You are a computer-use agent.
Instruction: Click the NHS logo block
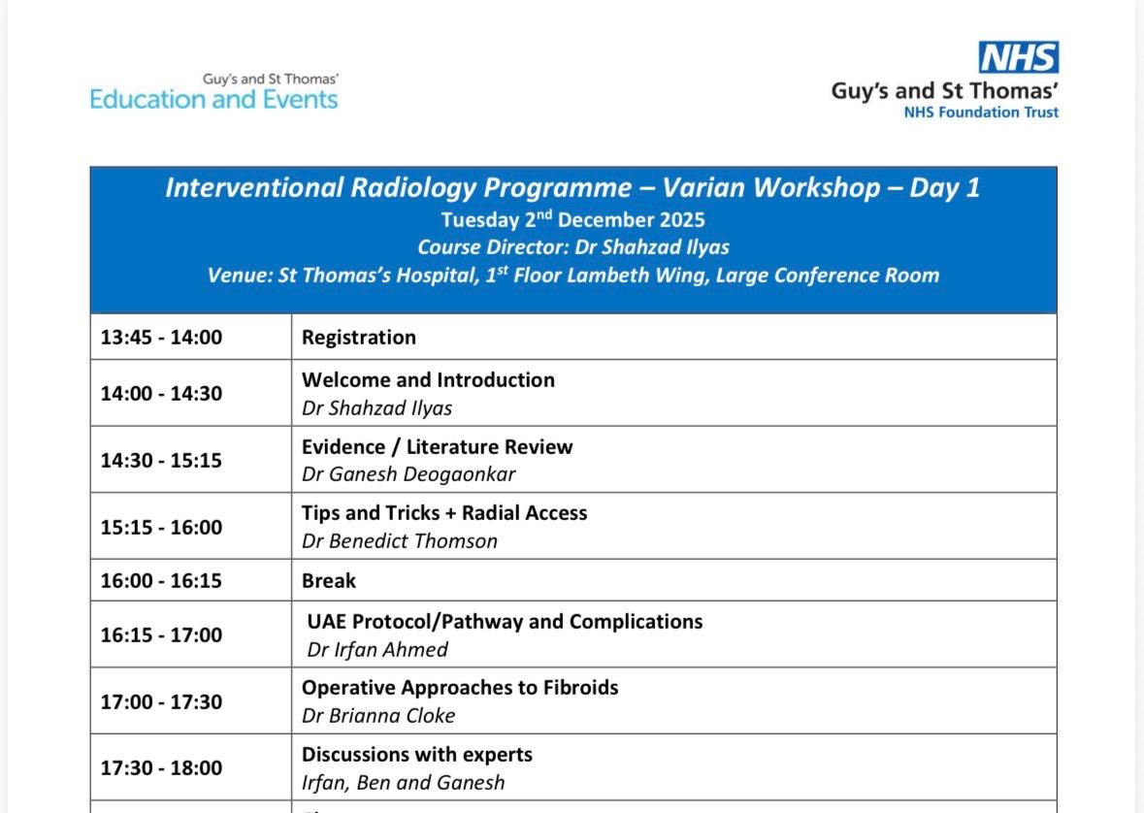(1019, 57)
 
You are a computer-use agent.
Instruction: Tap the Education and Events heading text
(213, 99)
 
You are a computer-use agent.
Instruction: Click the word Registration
(359, 338)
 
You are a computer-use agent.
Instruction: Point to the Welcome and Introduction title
(428, 379)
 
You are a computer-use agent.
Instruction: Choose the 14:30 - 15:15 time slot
(161, 461)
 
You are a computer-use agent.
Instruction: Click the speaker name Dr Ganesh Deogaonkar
(409, 474)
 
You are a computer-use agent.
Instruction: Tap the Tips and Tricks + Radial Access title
(444, 513)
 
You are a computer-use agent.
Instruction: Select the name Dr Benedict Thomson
(400, 540)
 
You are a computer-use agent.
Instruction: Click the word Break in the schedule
(329, 580)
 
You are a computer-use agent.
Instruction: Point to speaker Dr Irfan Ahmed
(377, 649)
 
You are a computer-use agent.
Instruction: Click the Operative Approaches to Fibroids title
(460, 688)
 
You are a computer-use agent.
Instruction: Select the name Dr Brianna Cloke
(378, 716)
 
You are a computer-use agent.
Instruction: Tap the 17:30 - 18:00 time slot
(161, 767)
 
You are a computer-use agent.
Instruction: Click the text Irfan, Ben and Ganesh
(404, 782)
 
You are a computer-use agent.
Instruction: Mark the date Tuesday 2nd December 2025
(572, 219)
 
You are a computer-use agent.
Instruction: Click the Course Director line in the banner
(573, 247)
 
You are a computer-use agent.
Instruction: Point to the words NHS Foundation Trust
(981, 113)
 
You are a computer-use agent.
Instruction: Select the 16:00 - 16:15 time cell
(161, 581)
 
